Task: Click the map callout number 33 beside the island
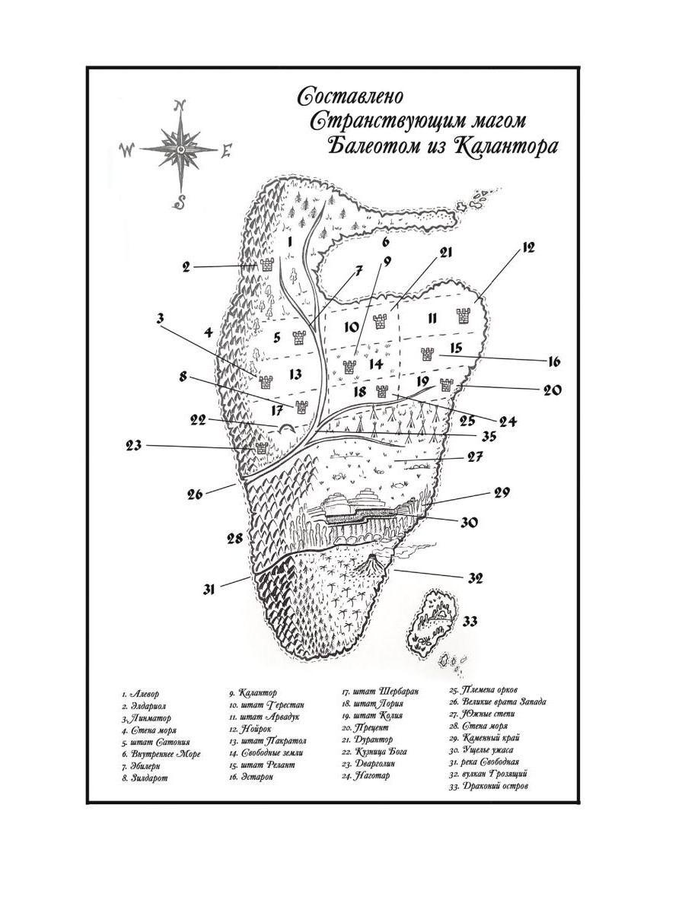click(x=470, y=622)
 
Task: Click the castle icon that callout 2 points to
click(x=267, y=265)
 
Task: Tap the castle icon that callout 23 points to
click(x=262, y=449)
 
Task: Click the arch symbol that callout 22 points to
click(x=287, y=429)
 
